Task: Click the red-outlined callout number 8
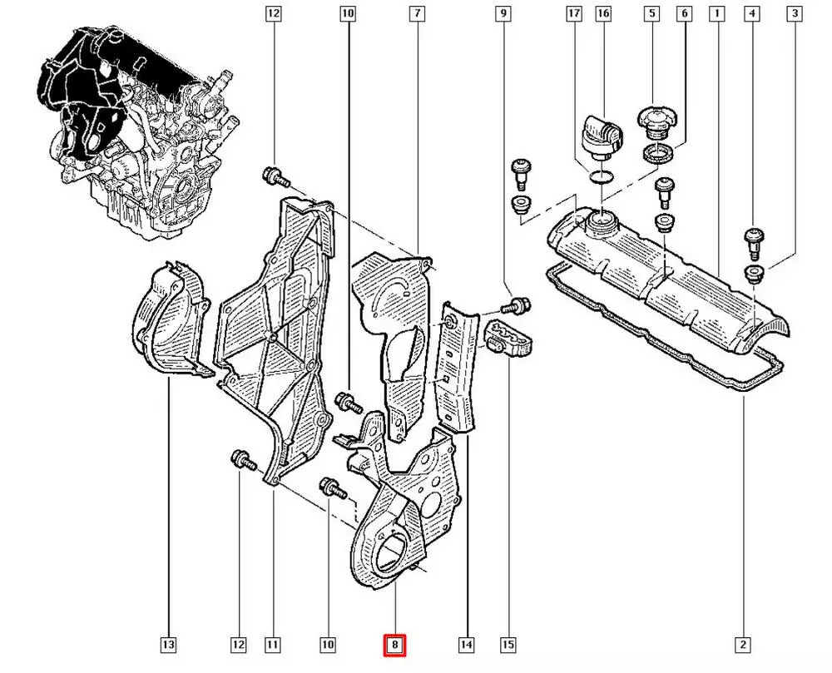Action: tap(394, 644)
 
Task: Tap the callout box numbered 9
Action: tap(502, 13)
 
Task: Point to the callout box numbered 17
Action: tap(573, 13)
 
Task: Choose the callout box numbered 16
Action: tap(603, 13)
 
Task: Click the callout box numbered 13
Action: tap(169, 644)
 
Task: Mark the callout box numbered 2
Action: tap(743, 644)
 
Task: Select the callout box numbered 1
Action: tap(716, 13)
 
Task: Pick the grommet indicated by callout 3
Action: tap(754, 275)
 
